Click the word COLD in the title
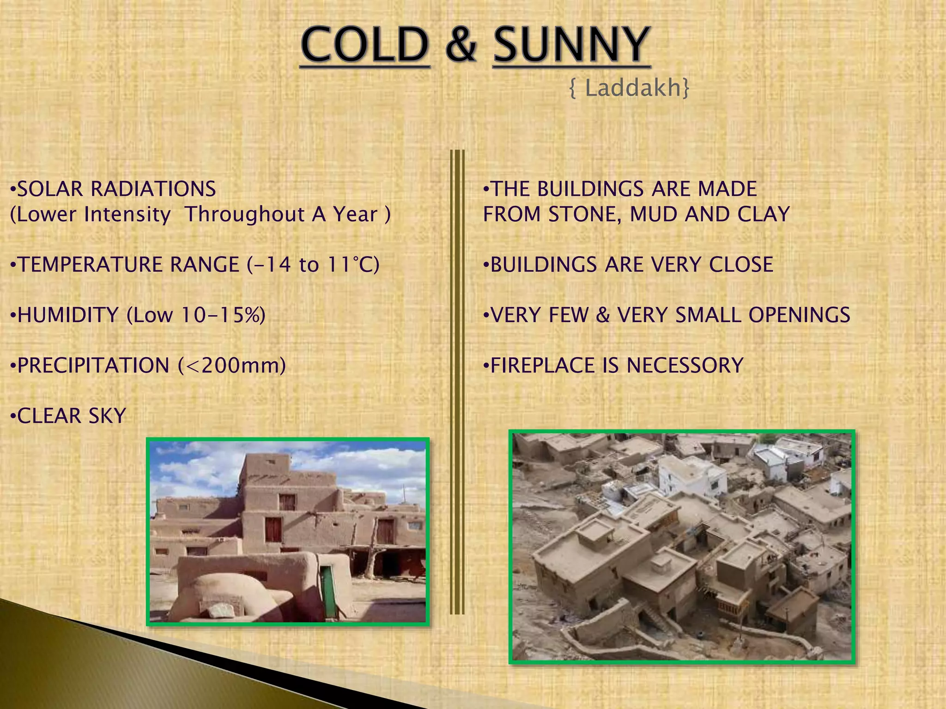(365, 45)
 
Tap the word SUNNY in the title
(572, 45)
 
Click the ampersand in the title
(461, 45)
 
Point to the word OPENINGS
(799, 315)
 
